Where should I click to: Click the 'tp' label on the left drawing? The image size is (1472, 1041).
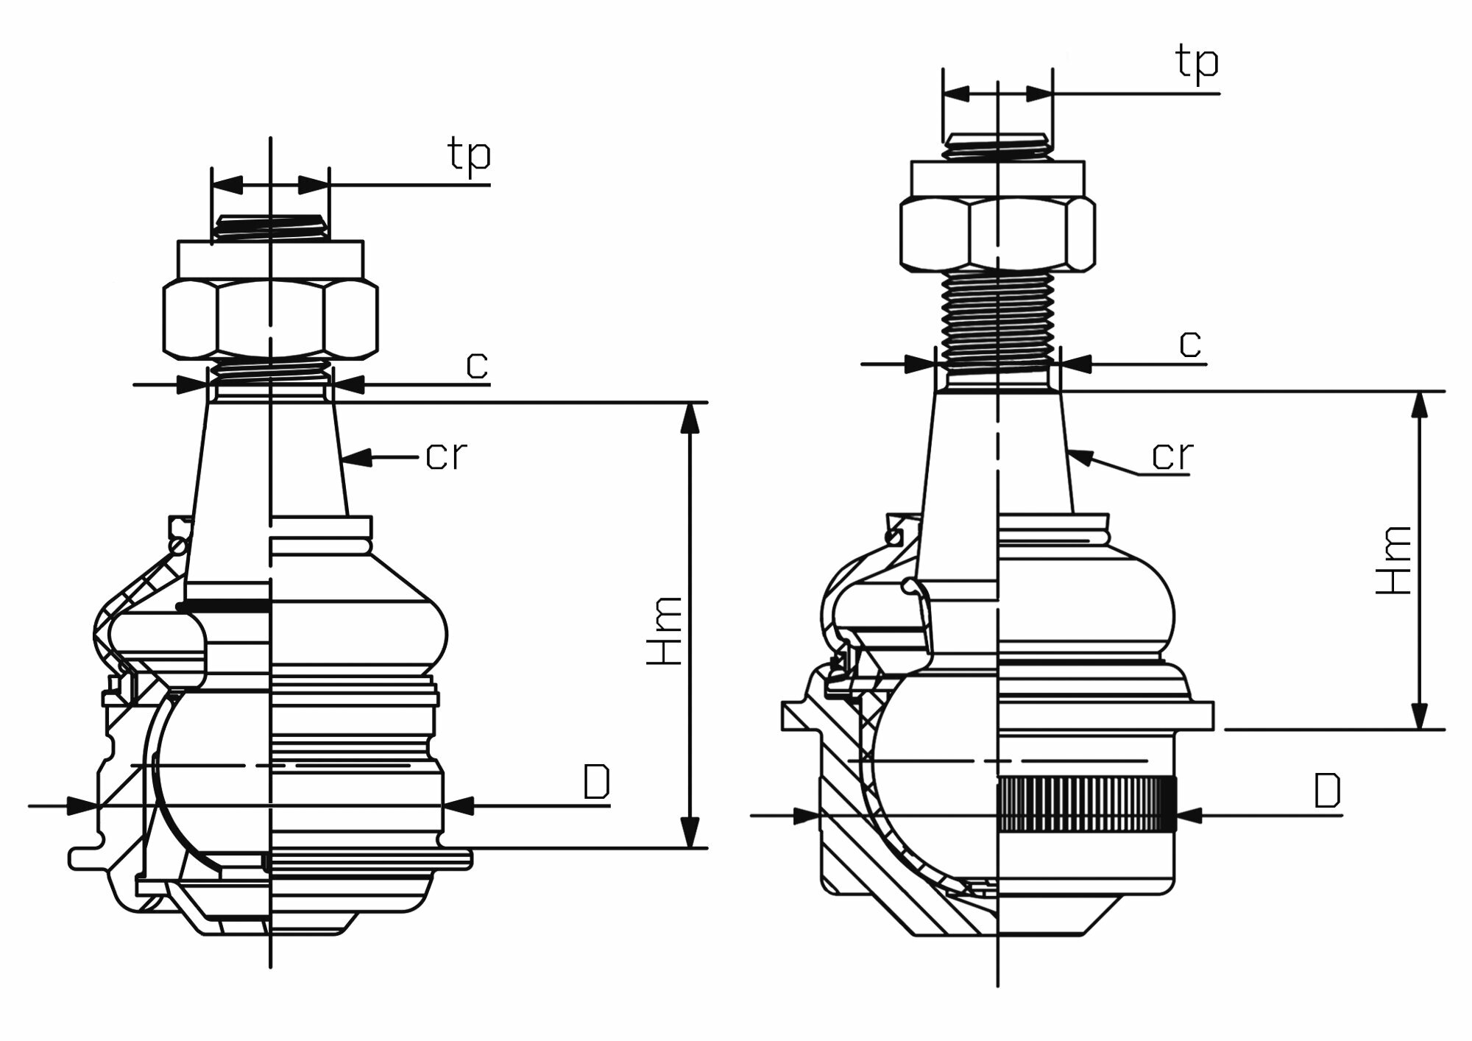click(468, 156)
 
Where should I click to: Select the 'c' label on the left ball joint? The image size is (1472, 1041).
click(477, 365)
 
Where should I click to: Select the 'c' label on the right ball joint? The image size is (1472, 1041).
click(1190, 343)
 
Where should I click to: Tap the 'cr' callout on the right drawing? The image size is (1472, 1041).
click(1172, 456)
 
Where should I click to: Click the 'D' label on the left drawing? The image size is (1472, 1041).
click(596, 783)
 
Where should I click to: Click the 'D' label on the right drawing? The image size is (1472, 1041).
click(1327, 792)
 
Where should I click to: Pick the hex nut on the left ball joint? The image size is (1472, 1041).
click(269, 320)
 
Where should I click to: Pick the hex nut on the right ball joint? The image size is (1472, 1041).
click(997, 234)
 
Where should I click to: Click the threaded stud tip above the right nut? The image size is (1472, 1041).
click(997, 145)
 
